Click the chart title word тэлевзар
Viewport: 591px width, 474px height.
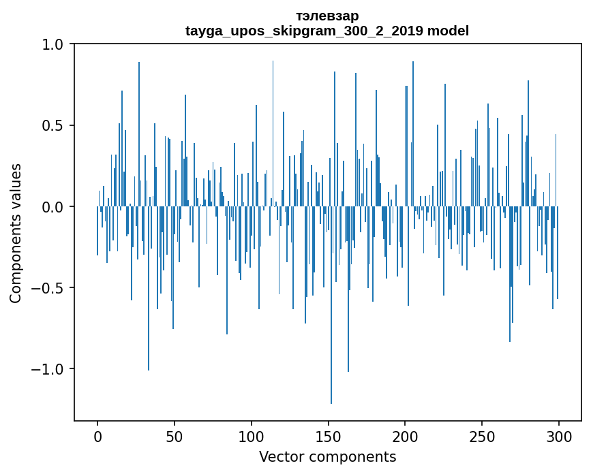click(x=327, y=16)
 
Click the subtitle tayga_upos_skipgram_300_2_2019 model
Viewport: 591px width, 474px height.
click(x=327, y=31)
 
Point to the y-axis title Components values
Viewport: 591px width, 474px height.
click(x=16, y=233)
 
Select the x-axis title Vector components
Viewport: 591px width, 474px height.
click(x=327, y=456)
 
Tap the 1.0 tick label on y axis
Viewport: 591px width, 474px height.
click(x=51, y=44)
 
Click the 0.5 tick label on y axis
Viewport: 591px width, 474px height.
click(x=51, y=125)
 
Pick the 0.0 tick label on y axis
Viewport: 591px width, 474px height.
click(x=51, y=206)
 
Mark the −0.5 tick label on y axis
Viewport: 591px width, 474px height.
click(x=46, y=287)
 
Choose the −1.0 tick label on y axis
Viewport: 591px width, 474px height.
click(x=46, y=368)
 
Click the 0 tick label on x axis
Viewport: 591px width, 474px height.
click(x=97, y=435)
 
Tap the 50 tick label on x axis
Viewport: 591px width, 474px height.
click(x=175, y=435)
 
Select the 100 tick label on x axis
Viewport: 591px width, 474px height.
click(x=252, y=435)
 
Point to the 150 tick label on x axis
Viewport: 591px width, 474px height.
click(x=329, y=435)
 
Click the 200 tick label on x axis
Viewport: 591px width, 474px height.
click(x=406, y=435)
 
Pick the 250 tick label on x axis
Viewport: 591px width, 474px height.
click(x=483, y=435)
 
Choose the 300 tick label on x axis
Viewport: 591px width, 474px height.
click(x=559, y=435)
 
